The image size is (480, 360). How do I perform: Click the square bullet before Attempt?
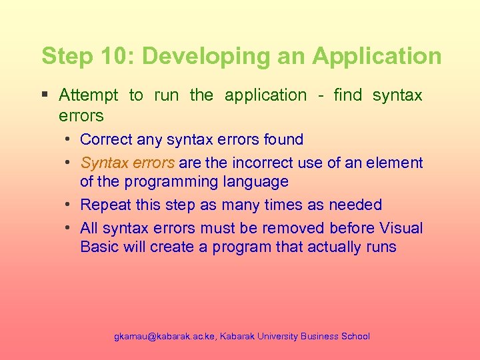(x=45, y=95)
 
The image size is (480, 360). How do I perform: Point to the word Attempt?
(x=89, y=95)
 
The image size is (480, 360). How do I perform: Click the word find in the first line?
(x=347, y=95)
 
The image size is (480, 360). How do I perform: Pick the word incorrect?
(x=251, y=163)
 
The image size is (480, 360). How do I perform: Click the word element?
(x=398, y=163)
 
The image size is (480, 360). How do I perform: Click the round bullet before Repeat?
(x=69, y=205)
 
